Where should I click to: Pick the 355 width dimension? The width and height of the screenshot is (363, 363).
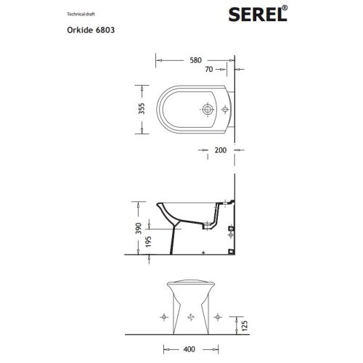(x=142, y=110)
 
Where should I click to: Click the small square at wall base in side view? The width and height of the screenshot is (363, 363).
(x=230, y=250)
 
